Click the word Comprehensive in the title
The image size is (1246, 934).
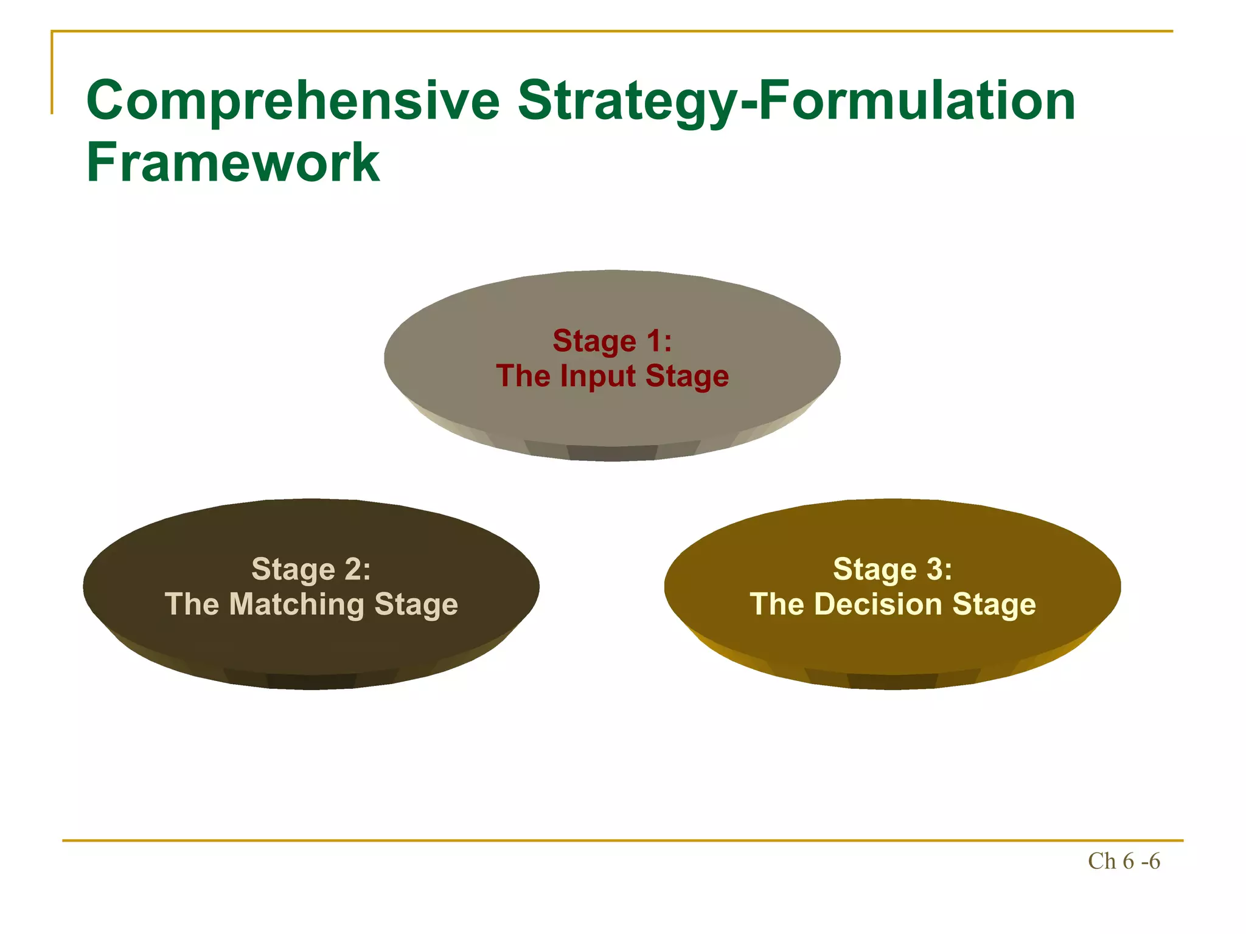[293, 102]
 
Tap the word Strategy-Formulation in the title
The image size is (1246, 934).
[796, 102]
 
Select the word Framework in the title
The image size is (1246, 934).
[233, 162]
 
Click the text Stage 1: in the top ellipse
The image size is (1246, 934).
[612, 341]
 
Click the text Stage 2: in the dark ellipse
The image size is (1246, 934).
[311, 570]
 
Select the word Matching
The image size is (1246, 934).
[296, 604]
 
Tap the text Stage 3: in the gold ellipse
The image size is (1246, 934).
[892, 570]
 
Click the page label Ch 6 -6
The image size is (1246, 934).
[1123, 862]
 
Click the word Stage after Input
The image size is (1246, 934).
[687, 376]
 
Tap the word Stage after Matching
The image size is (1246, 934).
[416, 604]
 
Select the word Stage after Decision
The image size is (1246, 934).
[994, 604]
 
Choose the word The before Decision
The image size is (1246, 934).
[777, 604]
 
